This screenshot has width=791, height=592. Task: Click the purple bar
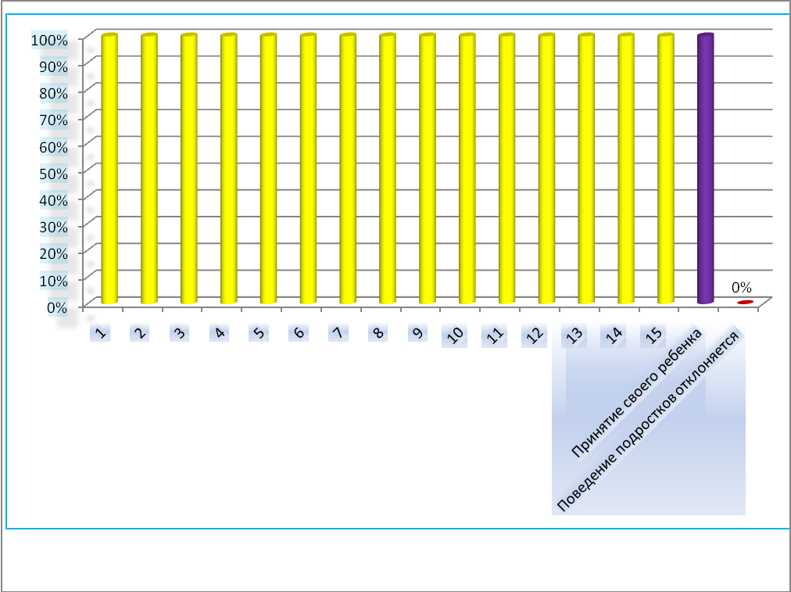pos(705,169)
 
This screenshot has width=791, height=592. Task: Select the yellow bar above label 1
pos(109,169)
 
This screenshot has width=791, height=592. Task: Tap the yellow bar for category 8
pos(388,169)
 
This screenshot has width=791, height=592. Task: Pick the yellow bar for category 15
pos(665,169)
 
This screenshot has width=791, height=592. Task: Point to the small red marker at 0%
pos(745,302)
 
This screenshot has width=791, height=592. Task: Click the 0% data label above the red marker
pos(741,287)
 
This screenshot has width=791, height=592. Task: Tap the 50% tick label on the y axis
pos(53,172)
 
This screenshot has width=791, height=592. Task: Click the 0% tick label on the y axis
pos(56,307)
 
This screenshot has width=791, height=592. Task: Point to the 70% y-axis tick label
pos(53,119)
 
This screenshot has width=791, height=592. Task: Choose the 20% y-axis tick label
pos(53,253)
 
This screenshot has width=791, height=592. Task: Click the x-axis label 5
pos(259,333)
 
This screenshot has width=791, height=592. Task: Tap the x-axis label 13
pos(575,336)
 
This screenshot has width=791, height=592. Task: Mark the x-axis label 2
pos(141,333)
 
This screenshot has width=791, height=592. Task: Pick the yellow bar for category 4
pos(228,169)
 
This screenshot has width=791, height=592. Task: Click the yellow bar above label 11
pos(506,169)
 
